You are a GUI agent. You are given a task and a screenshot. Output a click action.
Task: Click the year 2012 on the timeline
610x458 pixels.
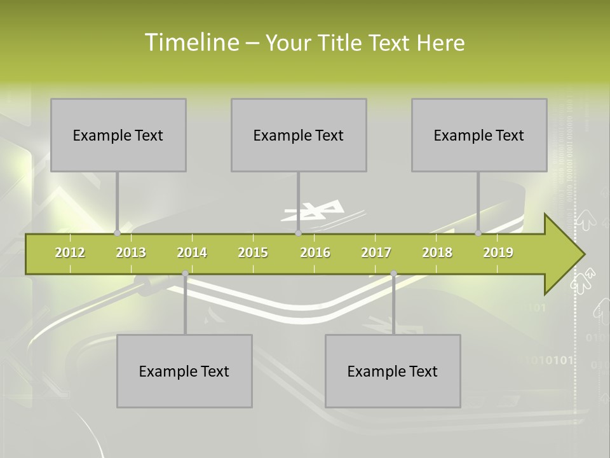click(x=70, y=253)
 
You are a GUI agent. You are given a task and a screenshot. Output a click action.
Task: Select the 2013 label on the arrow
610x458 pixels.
click(x=131, y=253)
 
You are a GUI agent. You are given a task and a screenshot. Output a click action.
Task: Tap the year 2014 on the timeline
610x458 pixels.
click(x=192, y=253)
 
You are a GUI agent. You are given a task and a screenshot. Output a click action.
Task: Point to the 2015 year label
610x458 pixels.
click(x=253, y=253)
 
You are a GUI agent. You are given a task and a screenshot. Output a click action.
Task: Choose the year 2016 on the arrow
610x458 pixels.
click(x=315, y=253)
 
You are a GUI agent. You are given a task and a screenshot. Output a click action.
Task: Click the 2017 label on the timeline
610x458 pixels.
click(x=376, y=253)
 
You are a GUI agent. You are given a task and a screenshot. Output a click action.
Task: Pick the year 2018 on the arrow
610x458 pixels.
click(x=437, y=253)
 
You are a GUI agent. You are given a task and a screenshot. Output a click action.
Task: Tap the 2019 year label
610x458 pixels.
click(x=498, y=253)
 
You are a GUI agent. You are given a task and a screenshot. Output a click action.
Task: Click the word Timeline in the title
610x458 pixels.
click(x=191, y=43)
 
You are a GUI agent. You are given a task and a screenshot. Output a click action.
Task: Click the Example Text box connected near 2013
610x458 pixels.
click(x=118, y=135)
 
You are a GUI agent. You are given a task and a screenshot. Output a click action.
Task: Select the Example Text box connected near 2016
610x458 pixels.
click(x=299, y=135)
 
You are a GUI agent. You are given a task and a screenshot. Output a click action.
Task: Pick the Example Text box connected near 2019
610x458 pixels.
click(x=479, y=135)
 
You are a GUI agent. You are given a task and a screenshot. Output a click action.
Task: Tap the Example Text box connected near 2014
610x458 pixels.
click(x=184, y=371)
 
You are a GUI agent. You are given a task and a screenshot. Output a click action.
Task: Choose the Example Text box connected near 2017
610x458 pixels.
click(x=393, y=371)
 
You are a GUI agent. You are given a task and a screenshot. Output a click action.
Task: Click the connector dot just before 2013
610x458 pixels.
click(x=117, y=233)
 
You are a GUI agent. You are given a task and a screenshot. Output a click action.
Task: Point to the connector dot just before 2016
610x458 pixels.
click(x=298, y=233)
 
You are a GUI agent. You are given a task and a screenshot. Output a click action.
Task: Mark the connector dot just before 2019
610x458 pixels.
click(x=478, y=233)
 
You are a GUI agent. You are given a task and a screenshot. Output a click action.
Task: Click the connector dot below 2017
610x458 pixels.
click(x=393, y=274)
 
